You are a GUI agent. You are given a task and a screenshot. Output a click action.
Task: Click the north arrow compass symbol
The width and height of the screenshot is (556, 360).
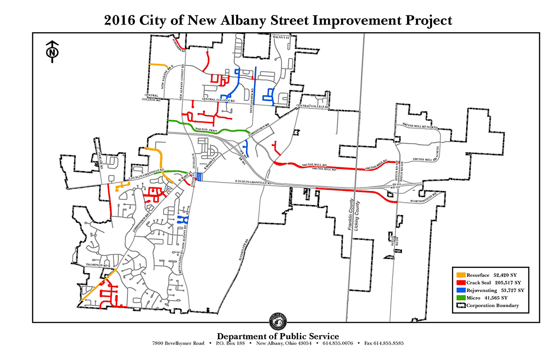(x=53, y=52)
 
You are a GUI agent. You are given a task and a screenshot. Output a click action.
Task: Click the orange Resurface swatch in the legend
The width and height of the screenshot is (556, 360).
(x=461, y=275)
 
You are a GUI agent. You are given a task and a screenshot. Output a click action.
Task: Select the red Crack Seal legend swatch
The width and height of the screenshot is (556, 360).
(x=461, y=283)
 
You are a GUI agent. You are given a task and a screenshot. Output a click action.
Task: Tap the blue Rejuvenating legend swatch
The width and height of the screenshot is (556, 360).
(x=461, y=290)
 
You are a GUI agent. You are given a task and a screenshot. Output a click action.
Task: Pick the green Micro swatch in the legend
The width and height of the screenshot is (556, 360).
(x=461, y=298)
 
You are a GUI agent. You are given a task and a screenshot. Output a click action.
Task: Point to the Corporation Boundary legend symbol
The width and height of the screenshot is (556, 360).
(x=461, y=306)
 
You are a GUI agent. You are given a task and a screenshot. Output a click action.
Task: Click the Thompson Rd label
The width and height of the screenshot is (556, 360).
(x=95, y=265)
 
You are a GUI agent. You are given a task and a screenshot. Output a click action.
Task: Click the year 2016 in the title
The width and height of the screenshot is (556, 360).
(x=120, y=21)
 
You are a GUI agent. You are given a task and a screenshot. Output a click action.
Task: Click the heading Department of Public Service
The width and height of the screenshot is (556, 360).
(x=278, y=336)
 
